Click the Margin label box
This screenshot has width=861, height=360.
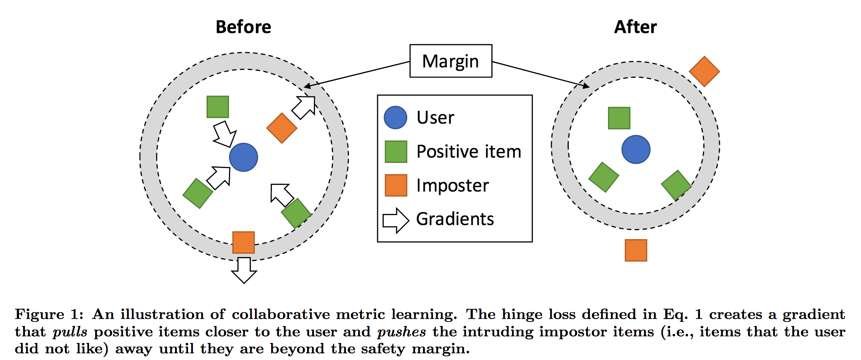(451, 61)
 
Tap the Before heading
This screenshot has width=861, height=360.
(243, 27)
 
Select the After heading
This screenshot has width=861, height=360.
(635, 27)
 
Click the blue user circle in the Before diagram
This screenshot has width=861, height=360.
(243, 157)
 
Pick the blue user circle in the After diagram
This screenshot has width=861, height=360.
(636, 149)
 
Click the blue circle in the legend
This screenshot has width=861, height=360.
(395, 118)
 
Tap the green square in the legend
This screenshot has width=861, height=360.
(396, 151)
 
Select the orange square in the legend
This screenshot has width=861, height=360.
(396, 185)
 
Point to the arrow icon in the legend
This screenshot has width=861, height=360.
(396, 220)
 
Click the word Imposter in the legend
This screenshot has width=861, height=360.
(452, 185)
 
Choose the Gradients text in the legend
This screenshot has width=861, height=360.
(455, 219)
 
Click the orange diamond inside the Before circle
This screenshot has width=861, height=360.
(282, 128)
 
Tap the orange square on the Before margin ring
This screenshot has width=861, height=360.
(243, 242)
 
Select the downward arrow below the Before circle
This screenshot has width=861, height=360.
(244, 270)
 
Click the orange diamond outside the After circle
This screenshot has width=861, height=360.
(704, 72)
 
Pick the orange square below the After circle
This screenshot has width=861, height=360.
(636, 250)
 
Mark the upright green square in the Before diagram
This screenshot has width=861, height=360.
(218, 107)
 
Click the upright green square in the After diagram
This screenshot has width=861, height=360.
(619, 118)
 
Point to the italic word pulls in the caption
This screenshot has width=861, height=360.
(70, 332)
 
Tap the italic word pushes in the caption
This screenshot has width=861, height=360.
(402, 332)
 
